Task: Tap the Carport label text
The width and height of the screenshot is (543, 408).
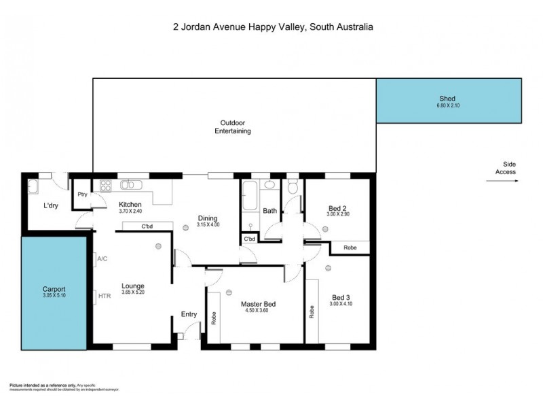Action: click(x=53, y=289)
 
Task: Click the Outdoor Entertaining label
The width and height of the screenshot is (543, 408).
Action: click(x=233, y=126)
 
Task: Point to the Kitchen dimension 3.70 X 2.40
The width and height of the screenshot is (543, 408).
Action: click(x=130, y=211)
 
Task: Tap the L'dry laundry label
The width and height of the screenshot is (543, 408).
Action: click(x=51, y=205)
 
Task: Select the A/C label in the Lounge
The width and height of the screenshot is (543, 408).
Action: click(x=102, y=259)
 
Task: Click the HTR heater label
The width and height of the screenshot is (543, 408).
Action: click(x=104, y=296)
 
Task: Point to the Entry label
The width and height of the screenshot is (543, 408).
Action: click(x=189, y=314)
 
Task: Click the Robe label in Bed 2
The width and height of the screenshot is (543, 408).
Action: click(x=350, y=248)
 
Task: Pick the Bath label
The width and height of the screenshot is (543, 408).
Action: click(x=269, y=211)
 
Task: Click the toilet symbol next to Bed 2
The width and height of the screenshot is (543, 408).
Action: click(x=293, y=186)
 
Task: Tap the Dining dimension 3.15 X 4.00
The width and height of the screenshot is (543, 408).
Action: click(x=208, y=224)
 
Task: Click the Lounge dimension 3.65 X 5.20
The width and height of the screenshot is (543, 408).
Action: click(x=132, y=293)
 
